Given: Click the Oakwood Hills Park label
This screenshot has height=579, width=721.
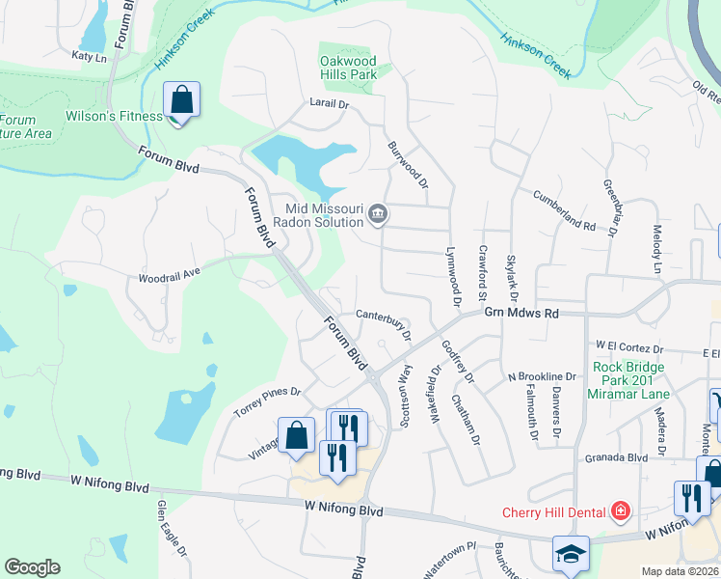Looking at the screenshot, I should click(x=348, y=67).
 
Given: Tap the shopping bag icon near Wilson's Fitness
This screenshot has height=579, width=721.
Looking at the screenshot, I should click(x=181, y=100).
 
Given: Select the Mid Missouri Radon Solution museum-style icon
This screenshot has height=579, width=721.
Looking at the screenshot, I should click(x=378, y=214).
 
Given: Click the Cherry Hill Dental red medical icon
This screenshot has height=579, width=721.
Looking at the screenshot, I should click(x=622, y=511).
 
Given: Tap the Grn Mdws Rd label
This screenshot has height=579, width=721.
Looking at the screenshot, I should click(x=521, y=313).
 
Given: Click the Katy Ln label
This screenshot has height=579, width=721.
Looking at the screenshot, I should click(x=89, y=57).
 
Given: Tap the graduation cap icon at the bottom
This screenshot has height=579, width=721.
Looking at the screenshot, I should click(x=571, y=553).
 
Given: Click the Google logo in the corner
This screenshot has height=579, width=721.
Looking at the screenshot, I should click(x=32, y=567).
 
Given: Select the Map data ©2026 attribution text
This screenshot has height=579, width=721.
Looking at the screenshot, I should click(x=681, y=571).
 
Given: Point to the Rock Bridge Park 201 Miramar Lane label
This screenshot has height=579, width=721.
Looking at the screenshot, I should click(x=628, y=380).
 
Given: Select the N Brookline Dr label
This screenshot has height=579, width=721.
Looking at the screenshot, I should click(x=541, y=376).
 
